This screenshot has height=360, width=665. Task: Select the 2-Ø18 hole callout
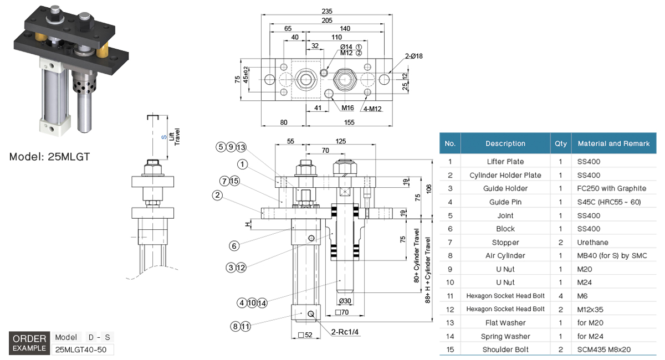click(413, 56)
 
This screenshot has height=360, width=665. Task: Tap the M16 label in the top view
click(347, 107)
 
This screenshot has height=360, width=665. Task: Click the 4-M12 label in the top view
click(373, 108)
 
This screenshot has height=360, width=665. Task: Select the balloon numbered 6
click(234, 245)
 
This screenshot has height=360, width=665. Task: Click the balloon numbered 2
click(217, 195)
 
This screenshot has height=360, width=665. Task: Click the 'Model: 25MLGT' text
click(49, 157)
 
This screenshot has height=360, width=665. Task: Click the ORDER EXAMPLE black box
click(29, 343)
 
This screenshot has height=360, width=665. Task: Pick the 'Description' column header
click(505, 143)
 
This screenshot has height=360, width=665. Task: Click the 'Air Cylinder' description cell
click(505, 256)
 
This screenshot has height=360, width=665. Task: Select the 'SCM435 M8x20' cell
click(603, 349)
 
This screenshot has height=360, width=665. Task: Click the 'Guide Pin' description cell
click(505, 202)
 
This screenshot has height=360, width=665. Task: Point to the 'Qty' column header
click(561, 143)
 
